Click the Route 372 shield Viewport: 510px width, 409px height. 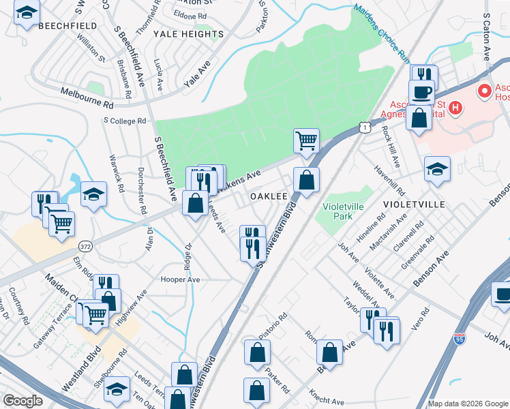[x=85, y=245]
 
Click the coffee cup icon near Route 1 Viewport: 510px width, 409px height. [x=421, y=91]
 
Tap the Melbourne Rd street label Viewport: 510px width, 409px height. [x=87, y=95]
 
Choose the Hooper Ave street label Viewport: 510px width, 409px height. [x=180, y=279]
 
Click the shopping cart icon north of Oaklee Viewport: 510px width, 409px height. [x=306, y=140]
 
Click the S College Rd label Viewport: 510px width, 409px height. [x=125, y=121]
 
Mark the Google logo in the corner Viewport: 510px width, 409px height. [x=22, y=401]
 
